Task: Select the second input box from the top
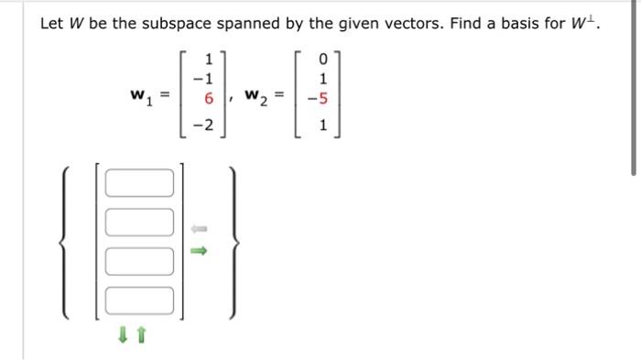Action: [139, 221]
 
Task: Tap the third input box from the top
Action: [139, 260]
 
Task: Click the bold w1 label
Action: [141, 95]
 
